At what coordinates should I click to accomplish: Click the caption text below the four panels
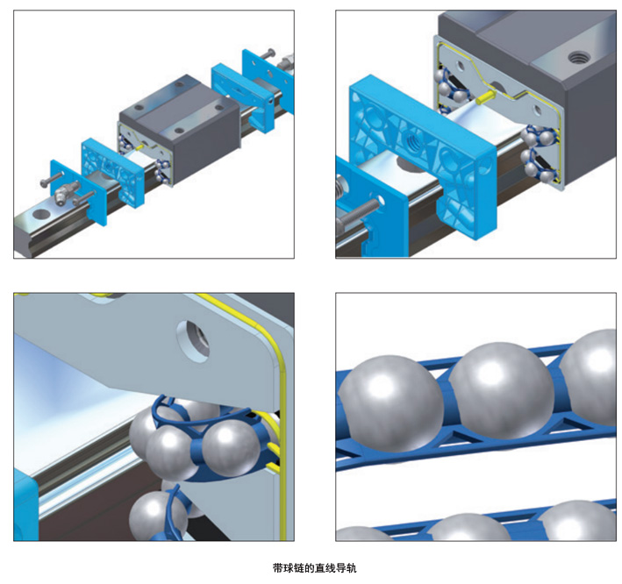point(315,567)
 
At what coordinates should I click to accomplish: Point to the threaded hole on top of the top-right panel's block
point(577,58)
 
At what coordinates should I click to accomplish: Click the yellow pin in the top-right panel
point(485,97)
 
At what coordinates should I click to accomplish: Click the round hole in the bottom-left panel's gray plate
point(192,341)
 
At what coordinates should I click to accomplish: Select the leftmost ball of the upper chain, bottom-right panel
point(390,403)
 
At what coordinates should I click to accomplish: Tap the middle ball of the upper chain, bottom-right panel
point(501,390)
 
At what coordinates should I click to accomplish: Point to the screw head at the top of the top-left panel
point(269,52)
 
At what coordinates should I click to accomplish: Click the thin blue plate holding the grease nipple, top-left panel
point(79,192)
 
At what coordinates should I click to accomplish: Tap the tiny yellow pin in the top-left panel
point(139,147)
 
